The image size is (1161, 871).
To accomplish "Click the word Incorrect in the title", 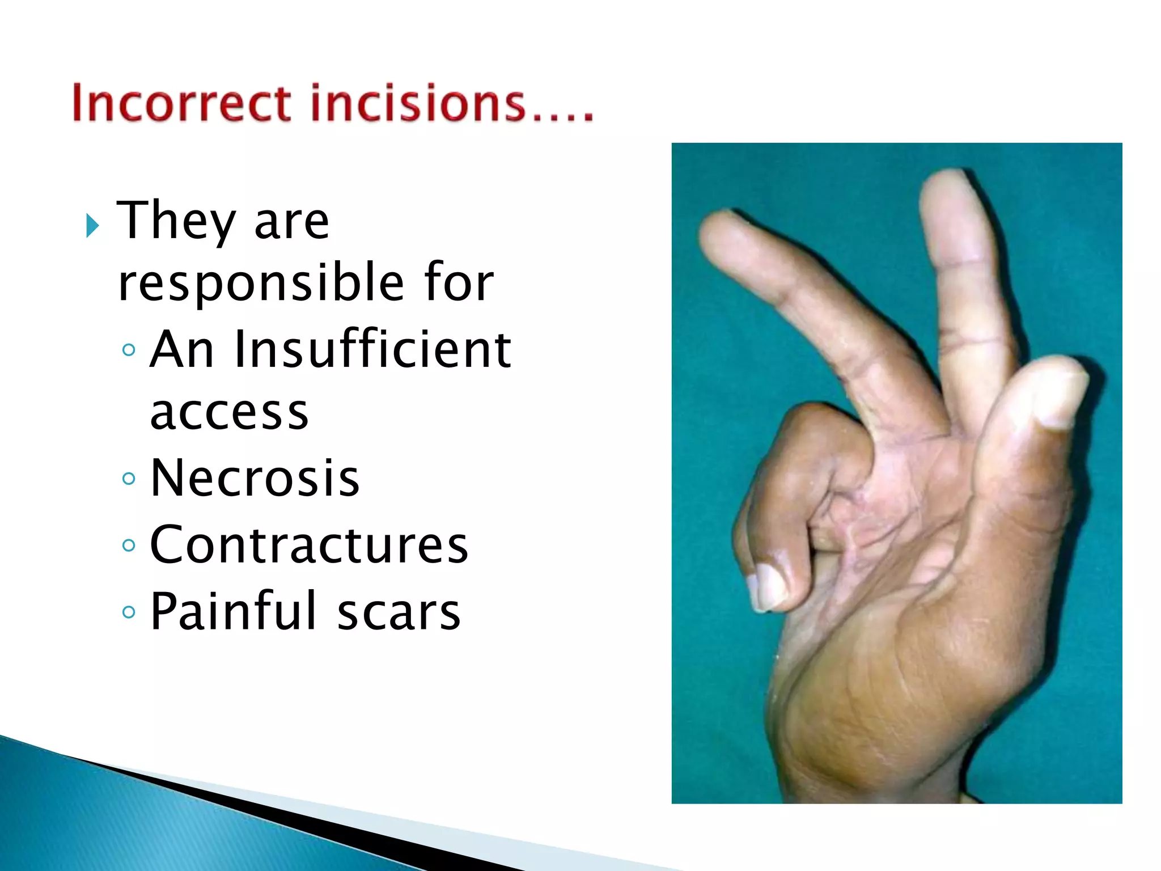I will tap(181, 103).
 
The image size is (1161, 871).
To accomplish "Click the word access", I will tap(229, 413).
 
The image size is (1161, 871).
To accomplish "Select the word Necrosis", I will tap(255, 479).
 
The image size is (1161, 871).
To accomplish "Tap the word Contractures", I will tap(309, 545).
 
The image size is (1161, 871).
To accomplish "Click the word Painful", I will tap(233, 611).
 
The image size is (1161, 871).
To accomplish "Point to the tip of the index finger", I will tap(952, 184).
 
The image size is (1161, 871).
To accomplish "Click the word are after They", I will tap(291, 222).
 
